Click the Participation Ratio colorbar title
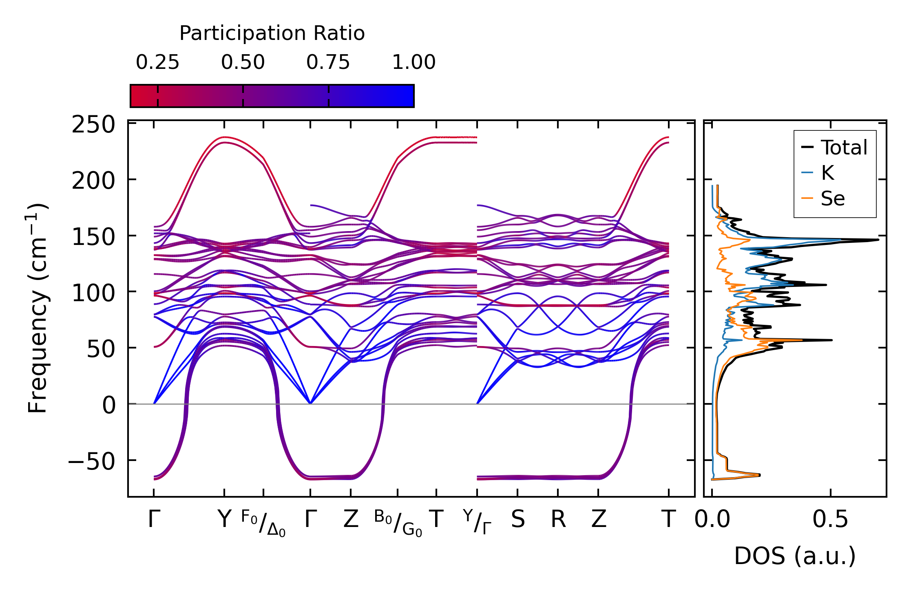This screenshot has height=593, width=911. [272, 33]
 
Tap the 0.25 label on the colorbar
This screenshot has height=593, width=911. [157, 63]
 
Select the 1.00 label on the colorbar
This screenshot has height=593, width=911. [413, 63]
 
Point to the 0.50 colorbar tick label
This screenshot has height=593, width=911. [243, 63]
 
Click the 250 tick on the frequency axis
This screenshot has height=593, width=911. [93, 125]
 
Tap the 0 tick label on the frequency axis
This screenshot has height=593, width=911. [109, 406]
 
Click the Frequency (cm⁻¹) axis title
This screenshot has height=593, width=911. [38, 308]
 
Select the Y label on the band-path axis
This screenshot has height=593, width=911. [224, 520]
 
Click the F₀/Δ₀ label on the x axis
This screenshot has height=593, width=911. [263, 523]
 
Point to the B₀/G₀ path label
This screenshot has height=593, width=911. [398, 523]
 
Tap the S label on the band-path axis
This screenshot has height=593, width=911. [518, 520]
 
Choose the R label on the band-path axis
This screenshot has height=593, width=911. [558, 520]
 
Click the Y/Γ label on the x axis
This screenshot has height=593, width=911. [477, 522]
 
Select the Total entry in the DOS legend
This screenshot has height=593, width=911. [844, 148]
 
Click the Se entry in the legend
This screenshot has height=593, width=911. [832, 199]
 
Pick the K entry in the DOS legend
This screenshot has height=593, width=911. [827, 173]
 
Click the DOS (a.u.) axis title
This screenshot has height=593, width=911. [795, 556]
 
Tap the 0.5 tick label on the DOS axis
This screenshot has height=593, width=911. [830, 520]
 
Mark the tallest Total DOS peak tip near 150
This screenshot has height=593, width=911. [878, 240]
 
